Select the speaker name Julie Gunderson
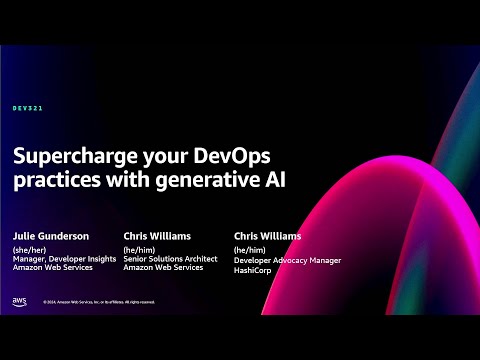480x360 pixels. [x=52, y=236]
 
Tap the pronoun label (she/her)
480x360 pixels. [x=30, y=250]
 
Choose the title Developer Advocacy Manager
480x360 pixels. [x=287, y=259]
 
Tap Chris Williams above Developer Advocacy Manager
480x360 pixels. [x=268, y=236]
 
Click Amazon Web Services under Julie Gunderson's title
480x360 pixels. [x=51, y=268]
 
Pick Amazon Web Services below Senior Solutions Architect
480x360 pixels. [x=161, y=268]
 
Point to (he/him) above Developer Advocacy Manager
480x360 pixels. [x=249, y=250]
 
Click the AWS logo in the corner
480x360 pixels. [x=20, y=299]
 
